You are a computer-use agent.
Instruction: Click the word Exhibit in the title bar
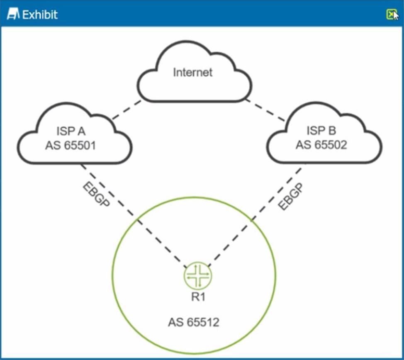pyautogui.click(x=40, y=15)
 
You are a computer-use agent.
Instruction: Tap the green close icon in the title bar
pyautogui.click(x=391, y=15)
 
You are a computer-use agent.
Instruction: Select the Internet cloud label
pyautogui.click(x=193, y=72)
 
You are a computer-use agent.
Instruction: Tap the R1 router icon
pyautogui.click(x=198, y=275)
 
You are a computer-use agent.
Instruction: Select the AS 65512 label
pyautogui.click(x=194, y=322)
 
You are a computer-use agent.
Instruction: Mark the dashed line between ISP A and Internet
pyautogui.click(x=127, y=109)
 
